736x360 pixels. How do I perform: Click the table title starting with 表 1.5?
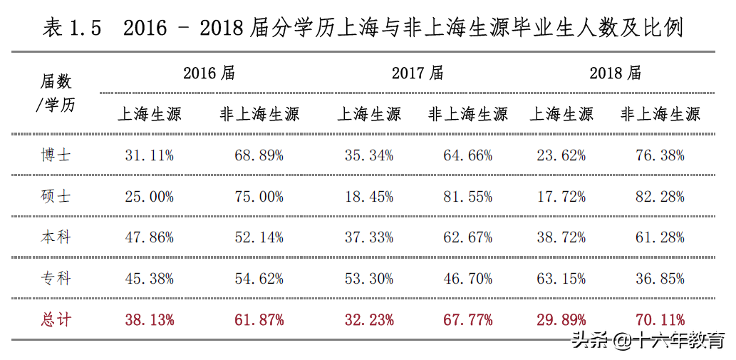tap(363, 28)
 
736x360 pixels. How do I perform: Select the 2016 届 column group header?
tap(209, 73)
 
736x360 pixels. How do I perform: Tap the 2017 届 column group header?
tap(418, 73)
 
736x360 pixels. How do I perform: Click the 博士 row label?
tap(56, 155)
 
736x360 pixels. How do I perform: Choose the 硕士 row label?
tap(56, 196)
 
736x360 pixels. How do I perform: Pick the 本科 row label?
tap(56, 237)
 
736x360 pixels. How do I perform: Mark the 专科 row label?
tap(56, 278)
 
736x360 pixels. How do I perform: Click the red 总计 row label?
tap(56, 319)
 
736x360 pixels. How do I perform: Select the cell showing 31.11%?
tap(150, 155)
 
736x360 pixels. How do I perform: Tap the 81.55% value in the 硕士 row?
tap(468, 196)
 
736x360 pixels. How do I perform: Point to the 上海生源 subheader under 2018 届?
tap(561, 114)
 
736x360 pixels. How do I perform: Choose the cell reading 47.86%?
tap(150, 237)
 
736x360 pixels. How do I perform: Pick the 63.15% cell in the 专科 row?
tap(561, 278)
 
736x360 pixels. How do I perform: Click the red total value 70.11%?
tap(660, 319)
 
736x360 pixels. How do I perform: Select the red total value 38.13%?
tap(150, 319)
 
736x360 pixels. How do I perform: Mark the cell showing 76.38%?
tap(660, 155)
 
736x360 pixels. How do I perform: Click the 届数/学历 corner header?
tap(56, 93)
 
